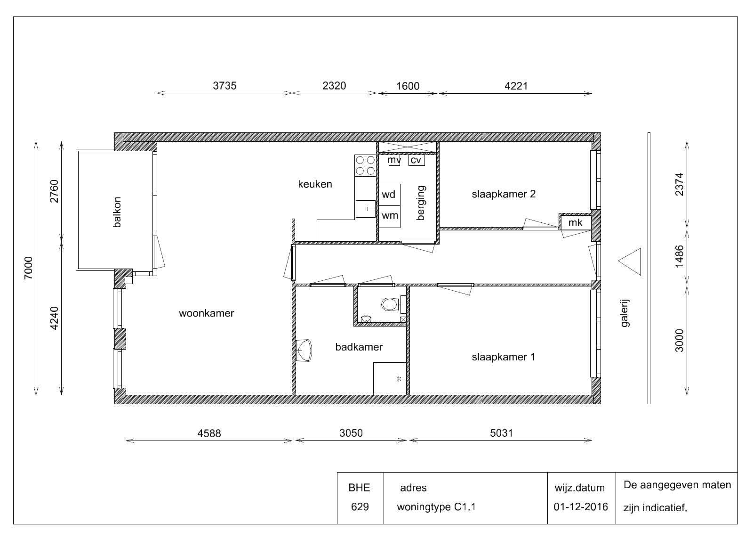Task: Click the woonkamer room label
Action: coord(206,313)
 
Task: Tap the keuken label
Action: coord(315,184)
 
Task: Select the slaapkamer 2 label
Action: coord(503,194)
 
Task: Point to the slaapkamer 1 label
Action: coord(503,357)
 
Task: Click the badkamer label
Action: coord(359,347)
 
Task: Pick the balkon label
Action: coord(117,212)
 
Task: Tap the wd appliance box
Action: coord(389,195)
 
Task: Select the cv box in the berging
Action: coord(417,160)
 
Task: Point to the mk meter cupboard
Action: coord(575,222)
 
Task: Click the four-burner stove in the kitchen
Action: coord(365,165)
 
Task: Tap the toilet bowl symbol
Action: coord(391,304)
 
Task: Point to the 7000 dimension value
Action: coord(29,268)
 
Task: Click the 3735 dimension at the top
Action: coord(224,86)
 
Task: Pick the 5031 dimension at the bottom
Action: coord(501,433)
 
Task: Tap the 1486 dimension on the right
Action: coord(680,256)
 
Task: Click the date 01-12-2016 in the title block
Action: coord(581,506)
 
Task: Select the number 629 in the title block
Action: coord(360,506)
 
